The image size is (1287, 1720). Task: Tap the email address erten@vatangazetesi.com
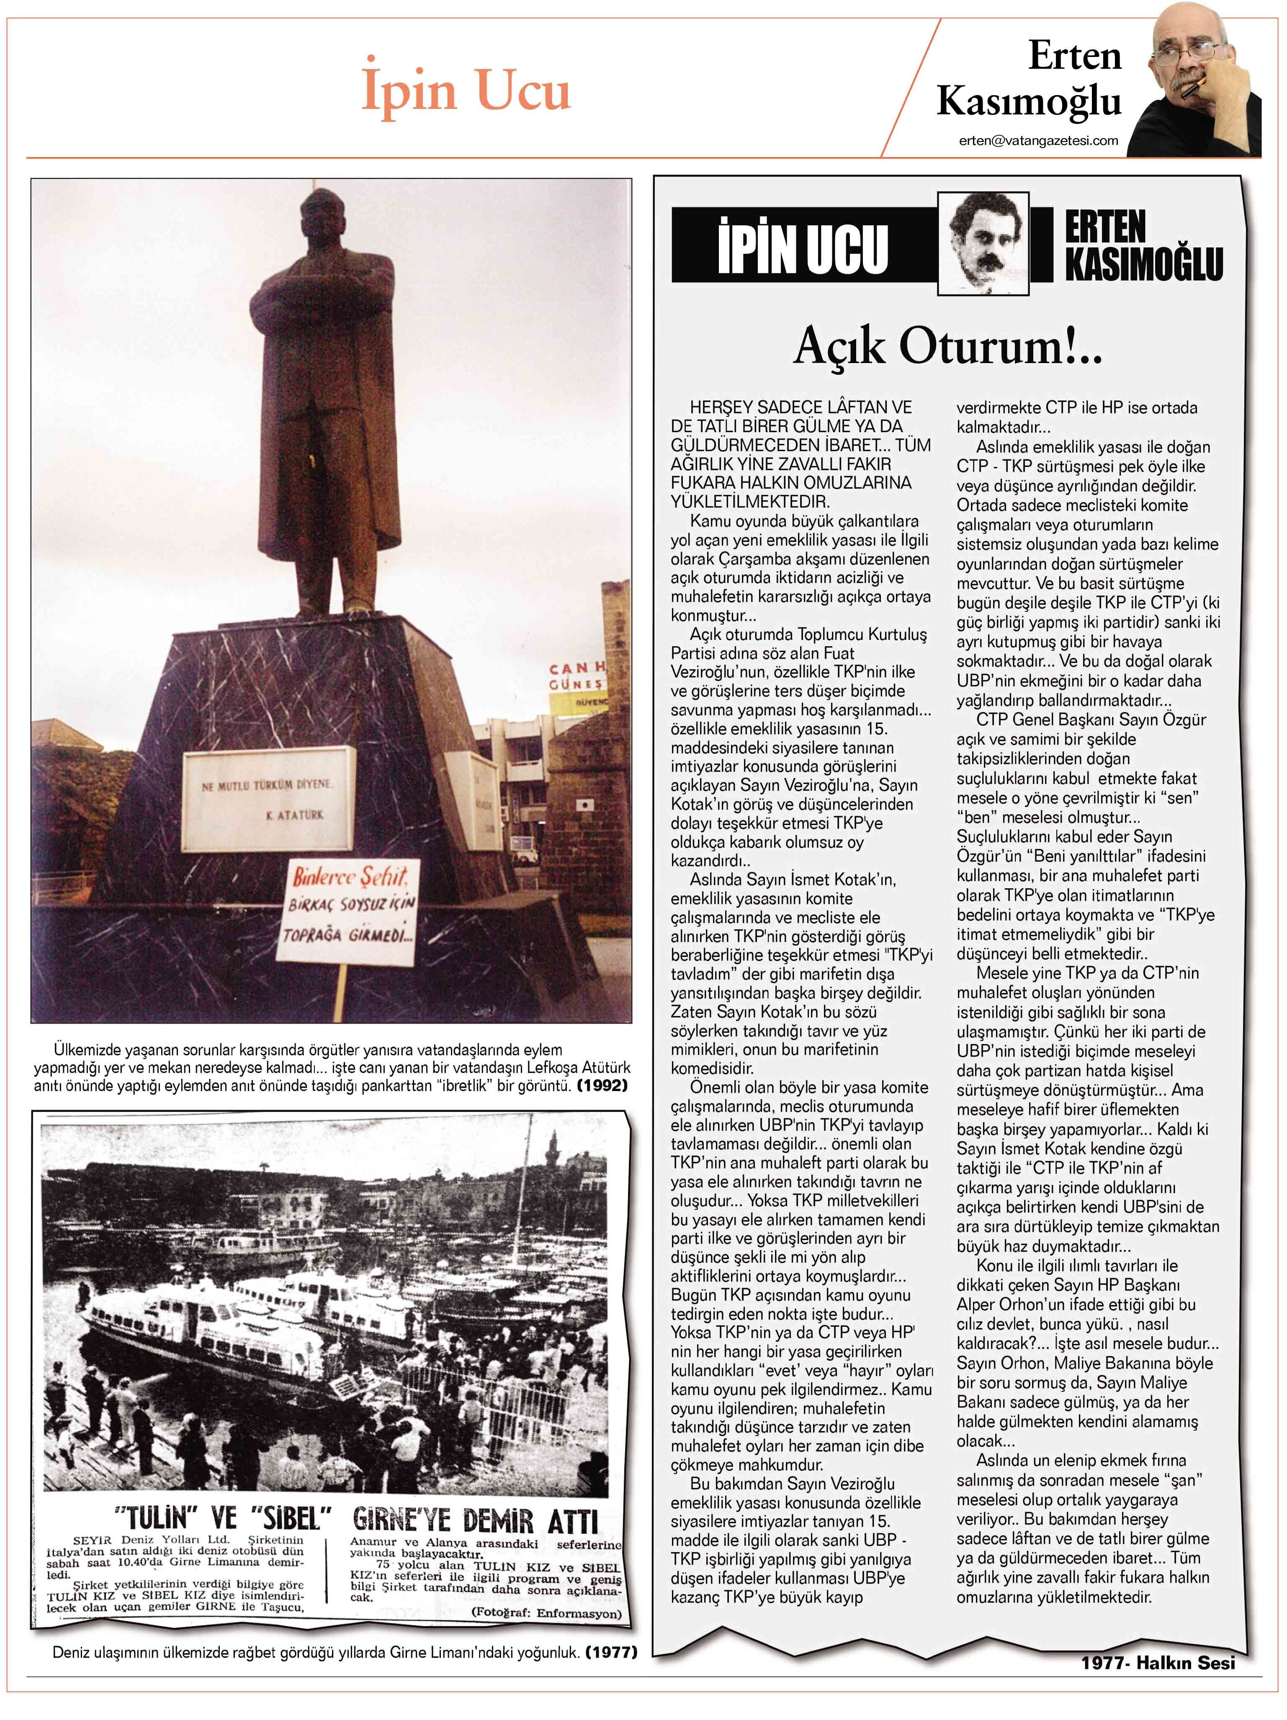[x=1038, y=141]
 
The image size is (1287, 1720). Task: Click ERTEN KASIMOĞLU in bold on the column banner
[x=1143, y=247]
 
